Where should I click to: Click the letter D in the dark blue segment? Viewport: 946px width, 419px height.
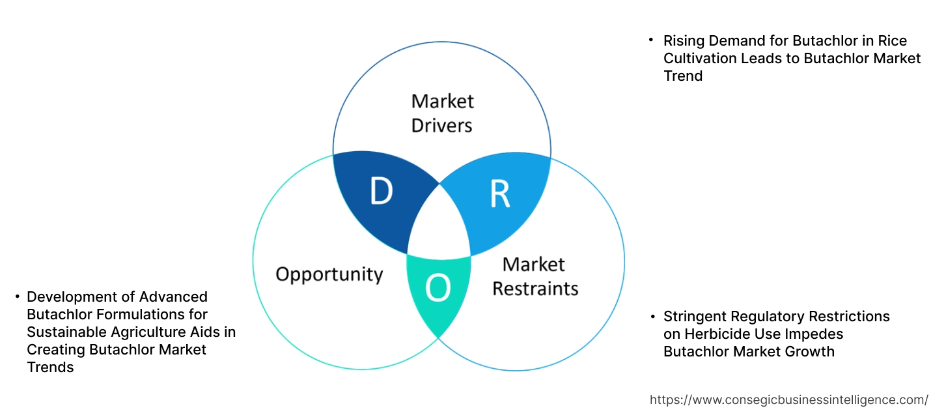381,192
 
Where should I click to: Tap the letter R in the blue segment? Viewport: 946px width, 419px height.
499,194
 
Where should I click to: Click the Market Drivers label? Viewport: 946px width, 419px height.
442,113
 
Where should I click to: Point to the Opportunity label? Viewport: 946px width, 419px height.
329,274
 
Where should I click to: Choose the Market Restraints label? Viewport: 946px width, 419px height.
535,276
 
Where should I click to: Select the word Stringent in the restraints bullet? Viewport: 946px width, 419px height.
694,317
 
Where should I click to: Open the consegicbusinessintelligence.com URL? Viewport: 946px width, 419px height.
789,399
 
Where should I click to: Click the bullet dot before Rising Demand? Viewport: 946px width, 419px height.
651,40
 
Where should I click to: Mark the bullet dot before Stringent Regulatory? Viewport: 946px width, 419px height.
651,316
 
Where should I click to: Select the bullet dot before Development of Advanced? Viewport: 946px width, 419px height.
17,297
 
